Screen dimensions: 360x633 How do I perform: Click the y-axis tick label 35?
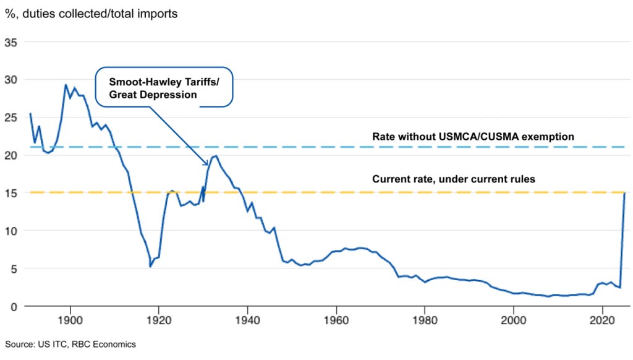pyautogui.click(x=11, y=42)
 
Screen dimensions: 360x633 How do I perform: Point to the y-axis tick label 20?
pyautogui.click(x=11, y=155)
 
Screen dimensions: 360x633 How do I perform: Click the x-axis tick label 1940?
pyautogui.click(x=247, y=321)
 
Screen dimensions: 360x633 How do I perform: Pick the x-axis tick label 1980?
pyautogui.click(x=425, y=321)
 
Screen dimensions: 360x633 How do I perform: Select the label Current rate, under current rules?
pyautogui.click(x=453, y=179)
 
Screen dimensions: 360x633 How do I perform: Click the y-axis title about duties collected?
pyautogui.click(x=91, y=13)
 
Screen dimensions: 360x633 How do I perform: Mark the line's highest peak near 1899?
pyautogui.click(x=66, y=85)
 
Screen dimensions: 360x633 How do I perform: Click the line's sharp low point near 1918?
pyautogui.click(x=150, y=267)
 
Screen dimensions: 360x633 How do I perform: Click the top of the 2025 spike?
pyautogui.click(x=625, y=193)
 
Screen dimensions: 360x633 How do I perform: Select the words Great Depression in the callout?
pyautogui.click(x=153, y=95)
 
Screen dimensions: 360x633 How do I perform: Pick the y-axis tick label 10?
pyautogui.click(x=11, y=231)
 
